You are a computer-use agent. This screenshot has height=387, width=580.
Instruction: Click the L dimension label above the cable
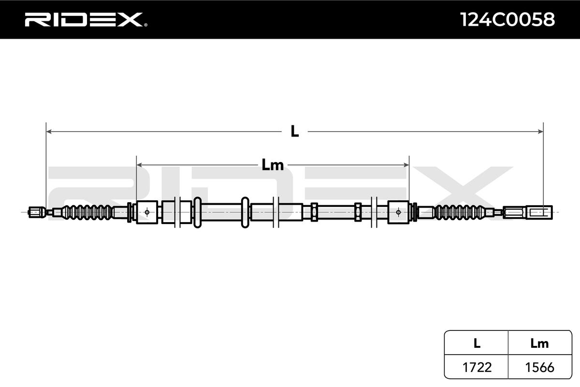(294, 131)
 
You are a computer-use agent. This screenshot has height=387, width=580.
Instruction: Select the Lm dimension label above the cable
(273, 165)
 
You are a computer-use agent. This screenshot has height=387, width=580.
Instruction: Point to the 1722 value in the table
(477, 367)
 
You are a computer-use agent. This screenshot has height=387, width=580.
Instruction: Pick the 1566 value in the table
(539, 367)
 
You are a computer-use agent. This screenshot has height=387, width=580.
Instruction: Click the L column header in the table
(477, 343)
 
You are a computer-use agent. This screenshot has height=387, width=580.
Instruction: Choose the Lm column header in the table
(539, 343)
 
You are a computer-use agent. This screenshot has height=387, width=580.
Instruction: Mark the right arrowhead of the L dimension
(540, 131)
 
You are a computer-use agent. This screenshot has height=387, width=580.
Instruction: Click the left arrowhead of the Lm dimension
(140, 165)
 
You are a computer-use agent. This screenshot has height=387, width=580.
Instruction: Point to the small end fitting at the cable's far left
(35, 211)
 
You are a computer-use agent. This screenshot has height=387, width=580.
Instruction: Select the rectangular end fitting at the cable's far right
(528, 212)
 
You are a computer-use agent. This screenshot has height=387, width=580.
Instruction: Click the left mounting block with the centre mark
(147, 212)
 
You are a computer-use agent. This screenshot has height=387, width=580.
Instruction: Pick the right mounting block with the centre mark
(398, 212)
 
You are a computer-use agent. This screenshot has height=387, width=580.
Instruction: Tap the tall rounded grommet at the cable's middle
(245, 212)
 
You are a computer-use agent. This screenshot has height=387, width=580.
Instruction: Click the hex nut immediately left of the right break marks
(358, 212)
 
